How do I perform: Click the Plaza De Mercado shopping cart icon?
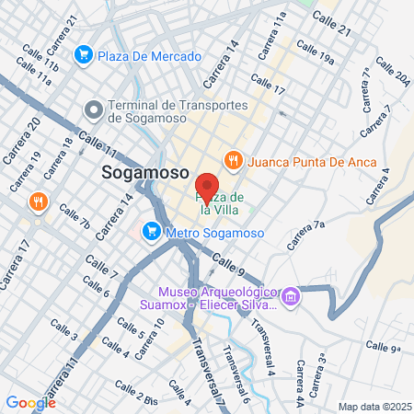[84, 55]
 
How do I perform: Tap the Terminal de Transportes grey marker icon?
[93, 109]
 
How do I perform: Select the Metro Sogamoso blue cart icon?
[150, 232]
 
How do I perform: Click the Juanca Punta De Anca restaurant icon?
[235, 160]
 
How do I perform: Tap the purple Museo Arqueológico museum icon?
[292, 296]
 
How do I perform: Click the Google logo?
[30, 402]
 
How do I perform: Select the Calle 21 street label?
[332, 24]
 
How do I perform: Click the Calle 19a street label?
[316, 56]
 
